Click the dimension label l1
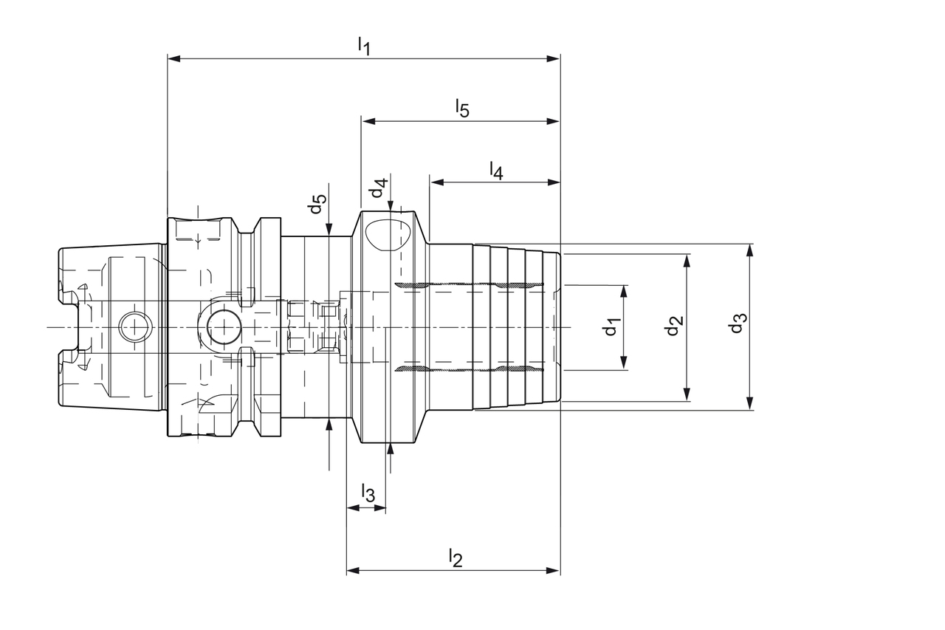coord(363,46)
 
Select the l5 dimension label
coord(461,108)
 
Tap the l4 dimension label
coord(496,171)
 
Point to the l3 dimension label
coord(368,493)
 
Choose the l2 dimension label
coord(455,558)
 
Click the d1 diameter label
coord(611,326)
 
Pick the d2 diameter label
coord(673,326)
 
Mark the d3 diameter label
coord(737,323)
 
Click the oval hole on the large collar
coord(387,235)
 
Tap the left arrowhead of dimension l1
coord(174,58)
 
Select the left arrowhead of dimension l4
coord(437,182)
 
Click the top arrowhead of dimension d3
coord(749,250)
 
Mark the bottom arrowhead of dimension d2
coord(687,395)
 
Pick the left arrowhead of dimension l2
coord(353,570)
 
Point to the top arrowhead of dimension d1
coord(624,291)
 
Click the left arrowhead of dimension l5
coord(367,121)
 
